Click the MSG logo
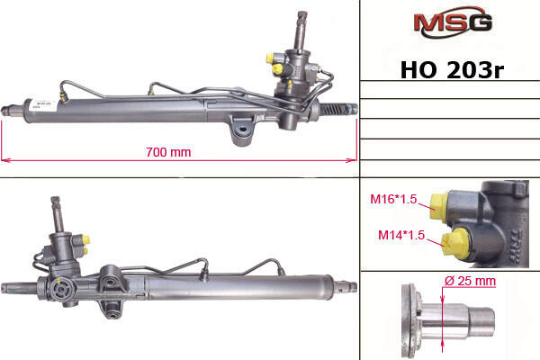(453, 22)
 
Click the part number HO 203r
(452, 70)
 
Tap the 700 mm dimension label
(168, 152)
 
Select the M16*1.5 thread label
(393, 199)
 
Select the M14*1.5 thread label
(401, 235)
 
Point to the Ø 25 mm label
(470, 281)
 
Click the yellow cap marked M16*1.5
(439, 206)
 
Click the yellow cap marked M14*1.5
(455, 244)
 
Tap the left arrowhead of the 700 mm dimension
(4, 160)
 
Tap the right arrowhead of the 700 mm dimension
(353, 160)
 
